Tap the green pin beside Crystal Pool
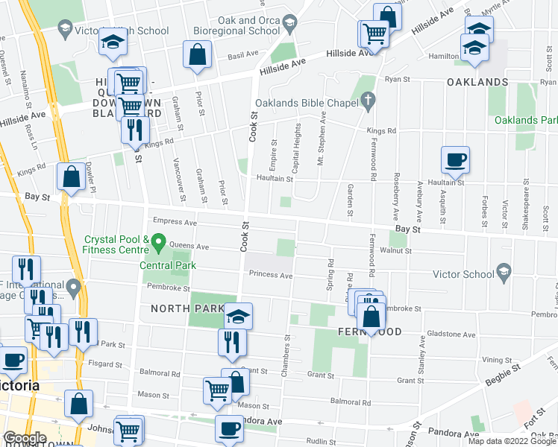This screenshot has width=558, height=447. [158, 243]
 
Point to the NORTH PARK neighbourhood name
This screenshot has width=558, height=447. [183, 308]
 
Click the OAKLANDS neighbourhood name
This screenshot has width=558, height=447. [477, 82]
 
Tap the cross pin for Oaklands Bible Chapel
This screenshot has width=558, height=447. [367, 99]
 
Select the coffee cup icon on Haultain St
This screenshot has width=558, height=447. [455, 159]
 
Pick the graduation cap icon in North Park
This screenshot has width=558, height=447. [238, 316]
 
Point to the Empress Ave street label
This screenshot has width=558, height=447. [174, 222]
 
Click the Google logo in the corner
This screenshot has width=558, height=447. [25, 438]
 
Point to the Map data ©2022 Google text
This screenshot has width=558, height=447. [511, 440]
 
